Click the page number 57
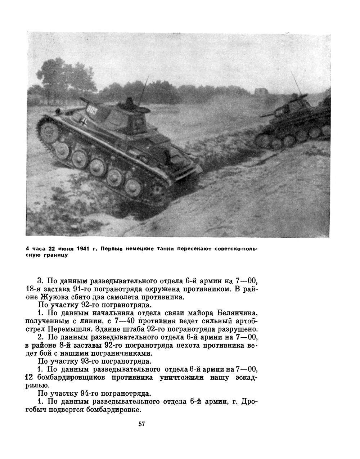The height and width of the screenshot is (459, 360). [141, 424]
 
